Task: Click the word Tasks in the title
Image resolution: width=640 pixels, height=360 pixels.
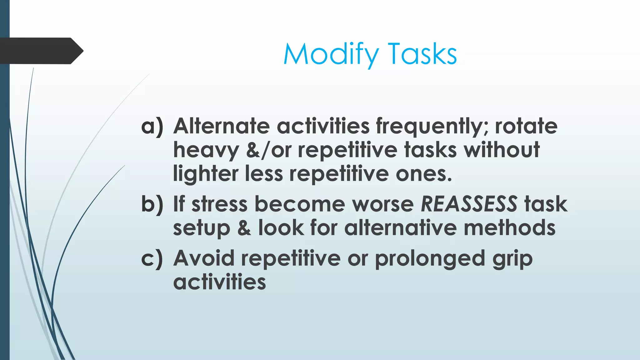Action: [422, 54]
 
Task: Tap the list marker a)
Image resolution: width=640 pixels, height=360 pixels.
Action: [152, 126]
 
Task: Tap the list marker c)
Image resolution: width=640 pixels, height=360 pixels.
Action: [152, 258]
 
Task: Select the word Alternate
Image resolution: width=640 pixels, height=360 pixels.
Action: [222, 126]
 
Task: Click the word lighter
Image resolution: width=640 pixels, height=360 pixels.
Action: [205, 174]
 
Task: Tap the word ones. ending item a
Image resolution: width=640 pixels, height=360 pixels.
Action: [424, 174]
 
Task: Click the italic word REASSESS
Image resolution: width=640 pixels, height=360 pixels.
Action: [469, 204]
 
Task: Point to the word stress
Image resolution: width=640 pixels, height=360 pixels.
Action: [219, 204]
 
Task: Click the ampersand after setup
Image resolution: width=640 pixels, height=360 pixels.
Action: [244, 228]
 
